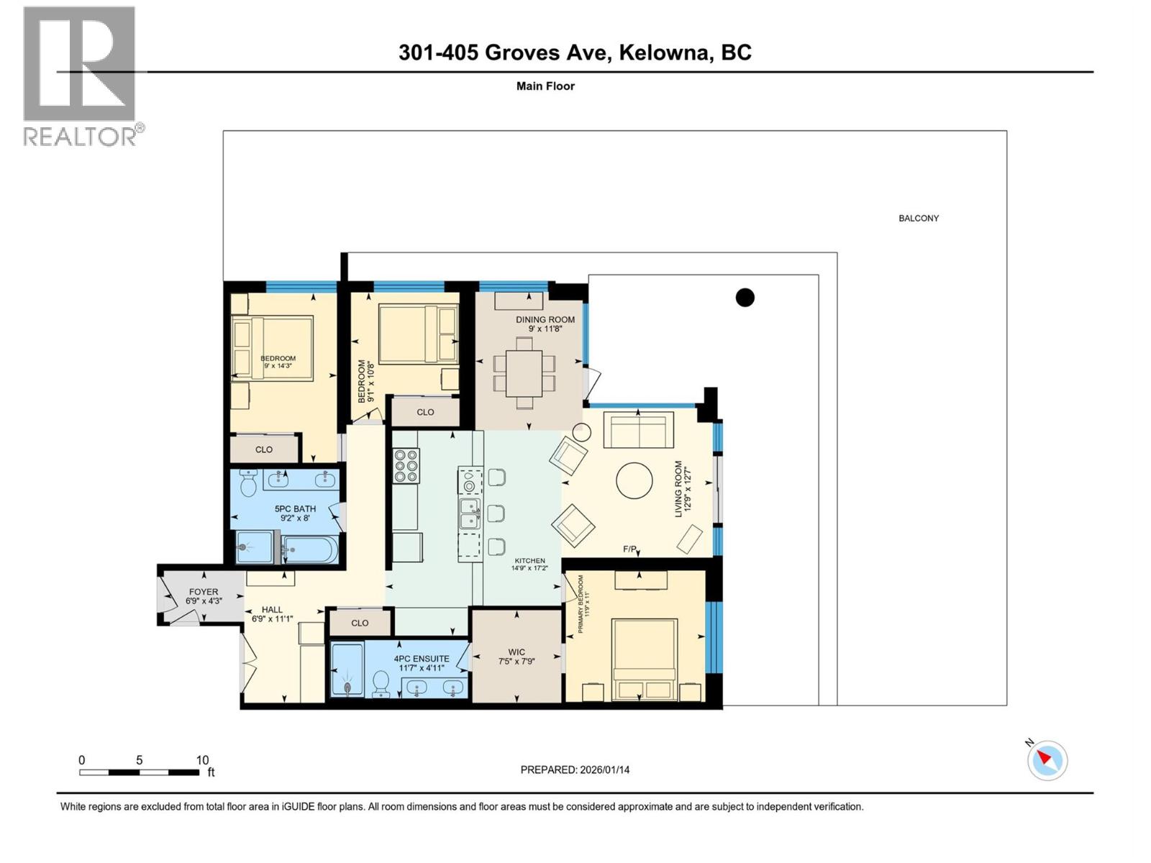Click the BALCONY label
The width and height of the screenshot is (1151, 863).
[x=918, y=218]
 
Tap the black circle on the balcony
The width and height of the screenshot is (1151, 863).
[x=745, y=297]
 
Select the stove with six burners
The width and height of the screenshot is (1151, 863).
[x=406, y=465]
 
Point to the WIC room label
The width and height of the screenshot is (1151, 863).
[x=516, y=653]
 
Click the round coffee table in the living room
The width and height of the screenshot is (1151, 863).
[x=634, y=480]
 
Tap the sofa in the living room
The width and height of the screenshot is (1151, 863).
[x=638, y=430]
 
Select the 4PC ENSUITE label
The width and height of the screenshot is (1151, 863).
[x=421, y=658]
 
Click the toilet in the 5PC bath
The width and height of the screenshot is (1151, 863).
[x=248, y=483]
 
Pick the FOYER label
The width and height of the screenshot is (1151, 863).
[x=204, y=592]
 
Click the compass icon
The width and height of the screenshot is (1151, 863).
[x=1047, y=759]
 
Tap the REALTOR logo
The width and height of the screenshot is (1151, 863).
[x=80, y=76]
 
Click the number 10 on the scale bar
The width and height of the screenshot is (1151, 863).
[x=202, y=759]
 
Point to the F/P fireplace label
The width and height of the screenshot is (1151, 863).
[x=629, y=549]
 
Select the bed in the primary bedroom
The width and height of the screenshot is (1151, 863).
[x=644, y=658]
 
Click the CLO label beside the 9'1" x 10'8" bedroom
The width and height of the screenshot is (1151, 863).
[x=425, y=412]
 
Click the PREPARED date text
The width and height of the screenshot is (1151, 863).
[x=575, y=770]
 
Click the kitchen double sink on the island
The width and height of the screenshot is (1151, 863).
[x=470, y=514]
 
